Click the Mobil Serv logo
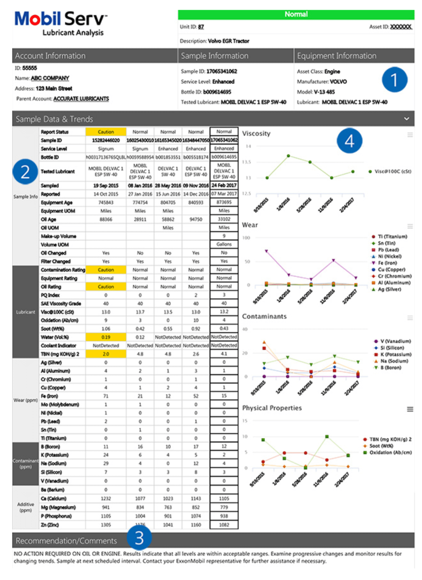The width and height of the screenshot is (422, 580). tap(61, 23)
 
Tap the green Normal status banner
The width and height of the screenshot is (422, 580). tap(296, 14)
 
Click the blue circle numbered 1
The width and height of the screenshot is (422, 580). tap(394, 80)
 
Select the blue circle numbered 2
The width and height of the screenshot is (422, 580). tap(25, 172)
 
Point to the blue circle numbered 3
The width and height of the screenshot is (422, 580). tap(139, 538)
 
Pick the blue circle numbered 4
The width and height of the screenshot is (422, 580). tap(349, 141)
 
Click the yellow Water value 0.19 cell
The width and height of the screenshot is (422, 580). tap(106, 337)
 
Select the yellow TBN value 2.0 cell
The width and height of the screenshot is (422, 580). tap(106, 354)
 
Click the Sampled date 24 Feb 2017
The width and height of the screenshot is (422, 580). tap(224, 185)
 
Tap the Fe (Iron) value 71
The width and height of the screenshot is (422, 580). tap(106, 396)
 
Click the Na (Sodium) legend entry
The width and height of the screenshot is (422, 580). tap(394, 361)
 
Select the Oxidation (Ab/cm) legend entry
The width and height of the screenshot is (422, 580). tap(390, 452)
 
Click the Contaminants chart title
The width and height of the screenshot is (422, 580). tap(264, 316)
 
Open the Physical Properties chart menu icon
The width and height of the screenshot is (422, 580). tap(410, 409)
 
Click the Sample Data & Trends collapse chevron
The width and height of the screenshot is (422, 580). tap(406, 119)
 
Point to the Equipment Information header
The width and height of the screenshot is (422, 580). tap(337, 56)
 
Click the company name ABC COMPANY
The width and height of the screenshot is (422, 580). tap(50, 78)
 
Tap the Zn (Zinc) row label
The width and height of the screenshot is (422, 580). tap(50, 525)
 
